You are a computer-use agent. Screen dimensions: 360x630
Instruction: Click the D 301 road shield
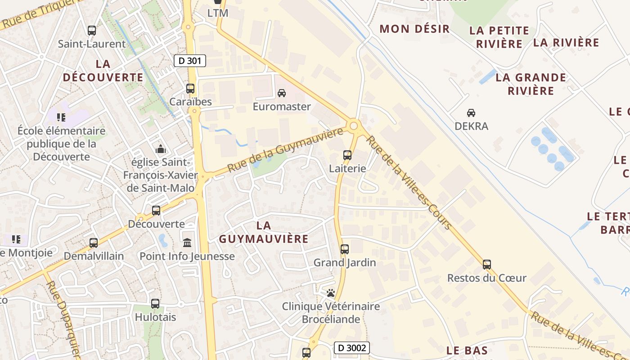189,61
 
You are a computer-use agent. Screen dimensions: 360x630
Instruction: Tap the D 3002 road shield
352,348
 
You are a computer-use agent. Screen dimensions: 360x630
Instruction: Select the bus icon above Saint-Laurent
92,31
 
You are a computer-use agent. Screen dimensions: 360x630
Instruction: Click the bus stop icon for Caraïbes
190,88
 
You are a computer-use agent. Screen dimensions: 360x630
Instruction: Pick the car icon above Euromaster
282,93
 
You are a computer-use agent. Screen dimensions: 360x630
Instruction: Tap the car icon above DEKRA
471,112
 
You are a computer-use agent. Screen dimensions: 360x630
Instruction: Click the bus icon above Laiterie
347,155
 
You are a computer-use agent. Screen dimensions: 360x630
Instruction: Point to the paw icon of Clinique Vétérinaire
331,293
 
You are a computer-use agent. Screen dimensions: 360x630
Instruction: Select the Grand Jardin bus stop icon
345,249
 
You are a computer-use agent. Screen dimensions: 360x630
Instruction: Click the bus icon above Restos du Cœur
486,265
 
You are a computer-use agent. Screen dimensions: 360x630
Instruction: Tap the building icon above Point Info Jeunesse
187,243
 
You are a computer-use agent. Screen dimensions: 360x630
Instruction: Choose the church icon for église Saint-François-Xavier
160,149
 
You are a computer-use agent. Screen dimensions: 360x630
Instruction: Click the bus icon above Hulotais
155,304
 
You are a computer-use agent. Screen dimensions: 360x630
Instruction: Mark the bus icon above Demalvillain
94,243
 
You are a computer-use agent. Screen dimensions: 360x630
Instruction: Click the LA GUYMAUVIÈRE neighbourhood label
264,232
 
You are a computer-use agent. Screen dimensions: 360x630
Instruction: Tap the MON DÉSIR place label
414,29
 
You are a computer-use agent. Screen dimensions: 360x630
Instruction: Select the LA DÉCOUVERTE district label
103,71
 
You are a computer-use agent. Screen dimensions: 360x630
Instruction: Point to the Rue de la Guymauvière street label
285,150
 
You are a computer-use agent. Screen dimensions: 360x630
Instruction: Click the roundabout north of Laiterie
354,126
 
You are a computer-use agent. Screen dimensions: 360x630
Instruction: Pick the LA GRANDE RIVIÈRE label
531,84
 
